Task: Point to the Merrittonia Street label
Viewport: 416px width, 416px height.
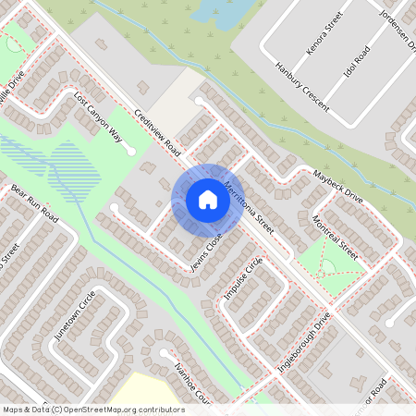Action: coord(249,209)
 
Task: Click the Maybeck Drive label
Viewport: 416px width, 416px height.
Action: coord(337,187)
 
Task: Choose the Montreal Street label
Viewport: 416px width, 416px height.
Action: coord(334,236)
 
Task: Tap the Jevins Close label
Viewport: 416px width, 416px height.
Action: coord(207,251)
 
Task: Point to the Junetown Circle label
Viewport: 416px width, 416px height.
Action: coord(75,315)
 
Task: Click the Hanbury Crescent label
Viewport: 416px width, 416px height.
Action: coord(302,87)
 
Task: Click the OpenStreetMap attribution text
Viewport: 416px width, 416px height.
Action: coord(92,410)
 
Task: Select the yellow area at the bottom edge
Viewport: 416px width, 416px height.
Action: coord(148,393)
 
